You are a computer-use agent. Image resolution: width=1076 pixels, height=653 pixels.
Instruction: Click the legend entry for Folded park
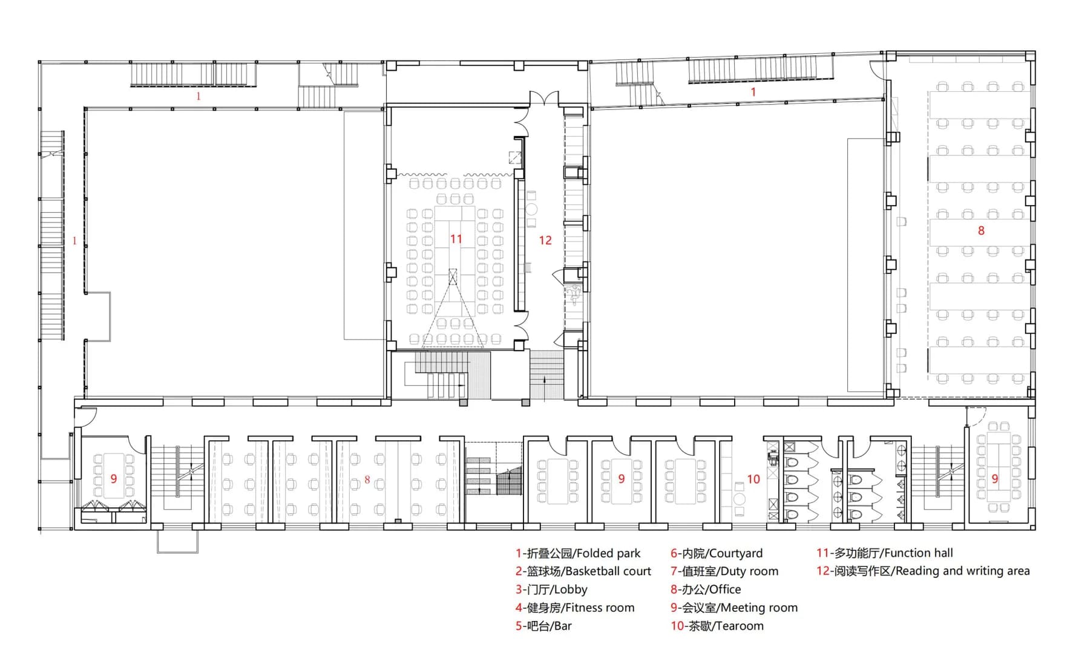click(x=577, y=553)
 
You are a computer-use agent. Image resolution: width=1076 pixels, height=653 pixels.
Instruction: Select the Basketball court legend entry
click(x=583, y=571)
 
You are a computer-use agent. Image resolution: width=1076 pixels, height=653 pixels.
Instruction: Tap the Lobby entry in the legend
click(x=551, y=590)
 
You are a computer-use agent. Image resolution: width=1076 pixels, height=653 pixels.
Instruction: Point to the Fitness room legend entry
click(x=575, y=608)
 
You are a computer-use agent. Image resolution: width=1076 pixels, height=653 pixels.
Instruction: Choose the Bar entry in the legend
click(x=543, y=626)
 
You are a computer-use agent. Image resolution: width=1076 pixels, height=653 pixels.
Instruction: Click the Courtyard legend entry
click(x=717, y=553)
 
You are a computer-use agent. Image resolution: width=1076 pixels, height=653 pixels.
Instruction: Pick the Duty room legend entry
click(x=724, y=571)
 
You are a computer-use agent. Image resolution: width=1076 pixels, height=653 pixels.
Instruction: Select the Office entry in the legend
click(x=706, y=590)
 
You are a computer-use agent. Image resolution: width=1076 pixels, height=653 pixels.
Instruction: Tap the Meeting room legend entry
click(x=734, y=608)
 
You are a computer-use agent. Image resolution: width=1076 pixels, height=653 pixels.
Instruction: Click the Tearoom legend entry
click(x=717, y=626)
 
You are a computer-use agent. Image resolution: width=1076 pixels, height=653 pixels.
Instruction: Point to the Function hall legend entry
click(x=885, y=553)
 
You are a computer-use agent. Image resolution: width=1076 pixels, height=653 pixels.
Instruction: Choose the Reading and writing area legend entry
click(x=923, y=571)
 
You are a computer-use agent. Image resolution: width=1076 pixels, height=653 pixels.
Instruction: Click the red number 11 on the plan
click(x=456, y=239)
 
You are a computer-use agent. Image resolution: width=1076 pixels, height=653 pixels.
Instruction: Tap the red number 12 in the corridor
click(x=545, y=240)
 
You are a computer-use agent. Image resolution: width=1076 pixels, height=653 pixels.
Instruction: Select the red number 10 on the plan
click(x=753, y=479)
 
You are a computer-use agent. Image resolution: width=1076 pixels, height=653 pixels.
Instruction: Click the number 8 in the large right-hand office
click(x=981, y=230)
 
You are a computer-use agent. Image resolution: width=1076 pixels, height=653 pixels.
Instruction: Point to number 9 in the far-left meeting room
click(x=113, y=478)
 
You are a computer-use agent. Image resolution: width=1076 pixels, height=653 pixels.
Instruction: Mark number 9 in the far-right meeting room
click(x=995, y=478)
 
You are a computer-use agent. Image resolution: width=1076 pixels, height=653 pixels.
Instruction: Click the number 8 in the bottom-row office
click(x=367, y=479)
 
